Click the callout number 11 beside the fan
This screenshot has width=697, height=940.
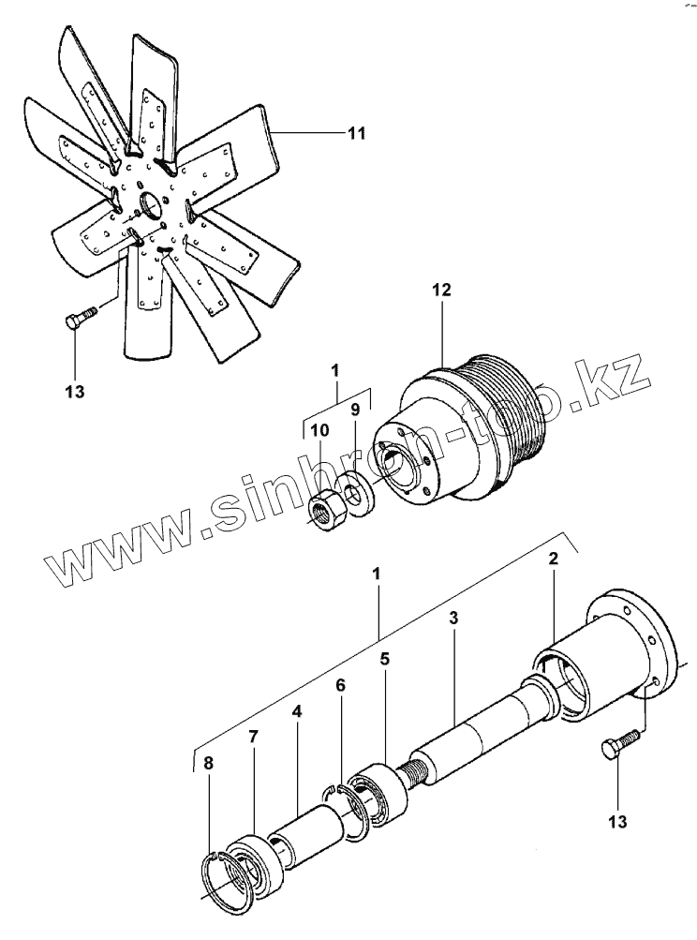354,133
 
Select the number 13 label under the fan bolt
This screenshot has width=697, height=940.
75,392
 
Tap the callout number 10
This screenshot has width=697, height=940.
319,429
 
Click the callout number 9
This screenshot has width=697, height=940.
354,409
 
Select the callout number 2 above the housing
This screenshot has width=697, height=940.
553,560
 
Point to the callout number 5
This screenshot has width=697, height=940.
384,659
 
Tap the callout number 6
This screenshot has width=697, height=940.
340,686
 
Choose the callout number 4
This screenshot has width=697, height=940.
296,713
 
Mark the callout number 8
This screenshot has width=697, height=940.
208,763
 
